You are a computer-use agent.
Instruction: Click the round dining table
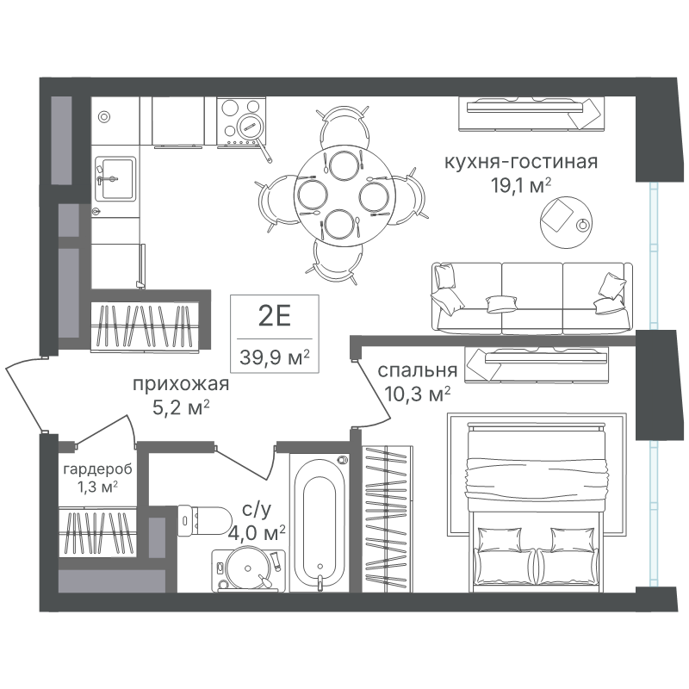click(x=343, y=192)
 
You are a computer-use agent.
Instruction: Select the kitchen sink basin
click(x=115, y=179)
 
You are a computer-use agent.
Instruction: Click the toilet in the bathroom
click(x=204, y=520)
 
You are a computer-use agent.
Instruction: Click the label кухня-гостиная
click(x=521, y=162)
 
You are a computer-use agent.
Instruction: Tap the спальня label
click(x=418, y=370)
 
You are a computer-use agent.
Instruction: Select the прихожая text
click(x=181, y=384)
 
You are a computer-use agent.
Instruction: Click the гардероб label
click(x=97, y=469)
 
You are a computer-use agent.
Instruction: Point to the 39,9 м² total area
click(x=275, y=357)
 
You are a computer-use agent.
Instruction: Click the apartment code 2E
click(x=275, y=316)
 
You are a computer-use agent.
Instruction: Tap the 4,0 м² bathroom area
click(x=257, y=534)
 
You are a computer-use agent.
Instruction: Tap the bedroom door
click(x=373, y=390)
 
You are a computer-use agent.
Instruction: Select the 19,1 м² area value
click(x=521, y=186)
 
